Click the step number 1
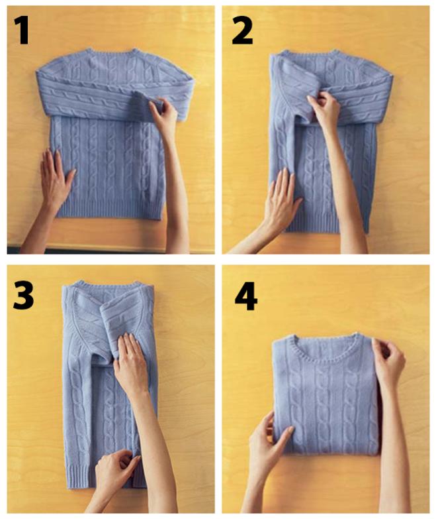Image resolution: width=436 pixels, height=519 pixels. (x=21, y=30)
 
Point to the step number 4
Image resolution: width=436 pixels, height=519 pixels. (x=246, y=296)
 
